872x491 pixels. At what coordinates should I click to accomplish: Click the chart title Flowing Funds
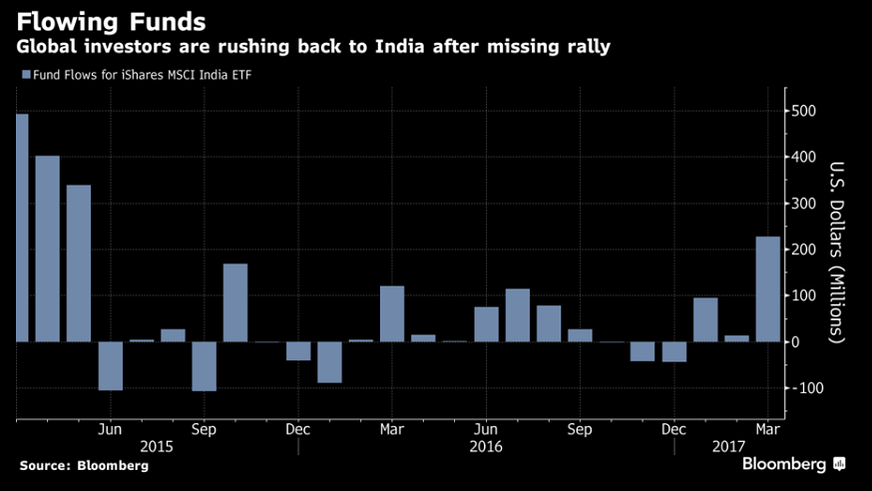(x=110, y=20)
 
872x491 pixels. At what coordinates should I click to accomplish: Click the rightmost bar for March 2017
(x=767, y=289)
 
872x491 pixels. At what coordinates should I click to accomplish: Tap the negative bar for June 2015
(x=110, y=365)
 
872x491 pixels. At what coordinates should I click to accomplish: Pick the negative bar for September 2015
(x=204, y=366)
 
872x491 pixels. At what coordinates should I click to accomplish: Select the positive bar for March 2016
(x=392, y=313)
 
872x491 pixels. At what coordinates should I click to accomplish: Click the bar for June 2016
(x=486, y=324)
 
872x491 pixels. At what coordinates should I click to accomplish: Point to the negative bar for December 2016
(x=674, y=351)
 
